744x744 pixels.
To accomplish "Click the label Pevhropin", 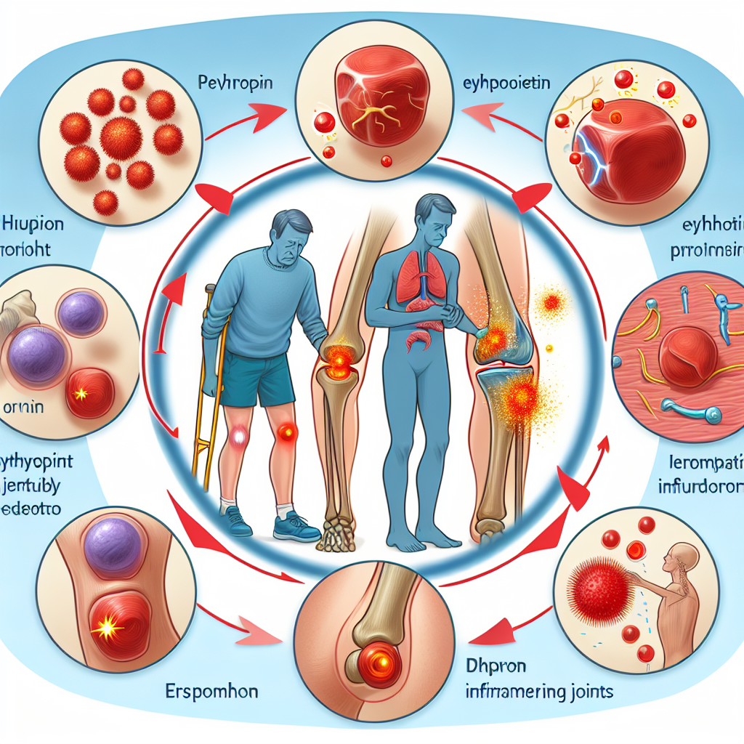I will click(x=234, y=82).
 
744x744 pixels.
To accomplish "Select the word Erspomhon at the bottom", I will click(x=208, y=690).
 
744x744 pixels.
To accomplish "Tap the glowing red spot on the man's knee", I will click(x=287, y=433).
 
